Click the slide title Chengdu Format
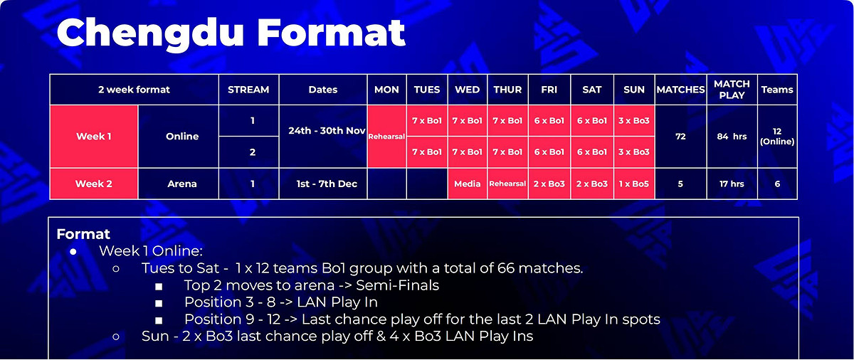point(231,33)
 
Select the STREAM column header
point(248,90)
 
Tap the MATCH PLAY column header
point(732,90)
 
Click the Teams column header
point(777,90)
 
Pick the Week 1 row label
point(94,137)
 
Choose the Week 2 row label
point(94,184)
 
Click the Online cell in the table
point(182,137)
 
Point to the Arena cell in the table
point(182,184)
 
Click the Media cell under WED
point(468,184)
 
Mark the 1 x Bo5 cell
point(633,184)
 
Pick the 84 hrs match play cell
point(732,137)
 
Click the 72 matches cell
point(680,137)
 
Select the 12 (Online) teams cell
point(777,137)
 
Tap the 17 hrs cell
point(732,184)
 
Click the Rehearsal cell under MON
point(386,137)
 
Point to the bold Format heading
point(83,234)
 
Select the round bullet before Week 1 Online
point(73,251)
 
